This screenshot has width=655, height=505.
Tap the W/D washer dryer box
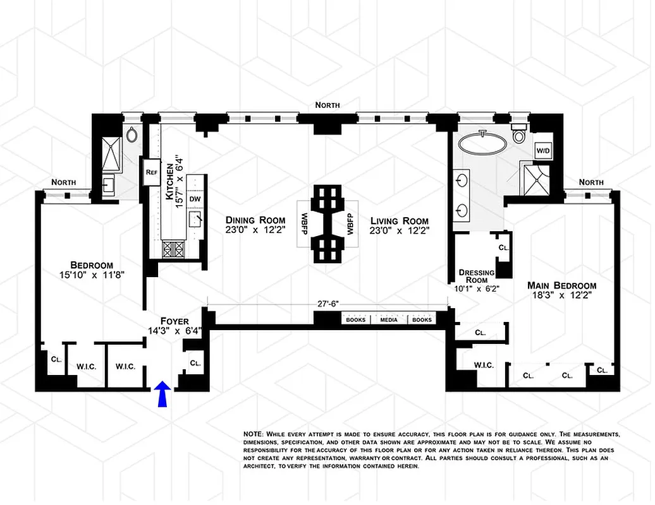542,151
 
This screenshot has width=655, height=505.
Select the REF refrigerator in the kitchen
151,172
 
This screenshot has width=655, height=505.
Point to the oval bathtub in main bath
482,143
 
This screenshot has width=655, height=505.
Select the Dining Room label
255,220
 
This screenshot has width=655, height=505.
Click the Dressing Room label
476,276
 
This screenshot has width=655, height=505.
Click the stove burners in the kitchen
173,249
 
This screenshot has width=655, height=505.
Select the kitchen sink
196,220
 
